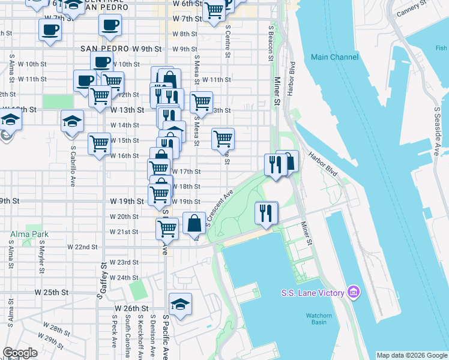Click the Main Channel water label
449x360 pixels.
click(335, 57)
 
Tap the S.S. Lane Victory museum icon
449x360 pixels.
click(354, 292)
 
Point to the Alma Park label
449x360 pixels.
click(25, 233)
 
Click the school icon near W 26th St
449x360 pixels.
click(180, 305)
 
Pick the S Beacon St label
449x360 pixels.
click(271, 43)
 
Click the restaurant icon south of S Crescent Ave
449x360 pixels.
click(265, 212)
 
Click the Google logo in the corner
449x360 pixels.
click(20, 353)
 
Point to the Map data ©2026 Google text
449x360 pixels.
click(411, 355)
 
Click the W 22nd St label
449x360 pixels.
click(82, 247)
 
